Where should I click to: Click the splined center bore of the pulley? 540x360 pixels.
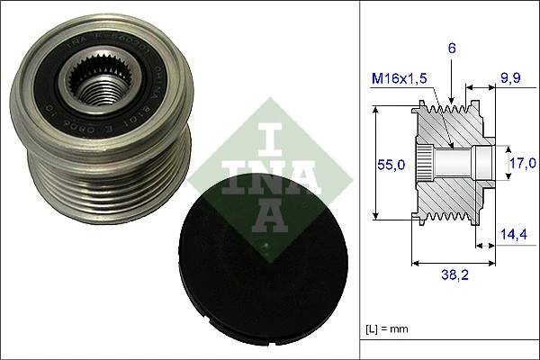pos(98,90)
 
